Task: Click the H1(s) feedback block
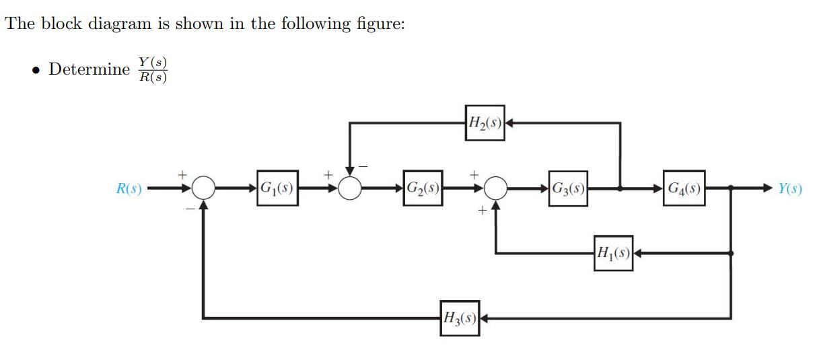point(613,253)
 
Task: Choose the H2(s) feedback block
point(485,123)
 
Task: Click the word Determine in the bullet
point(89,69)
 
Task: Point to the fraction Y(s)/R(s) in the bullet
point(151,69)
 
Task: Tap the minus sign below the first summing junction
point(190,209)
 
